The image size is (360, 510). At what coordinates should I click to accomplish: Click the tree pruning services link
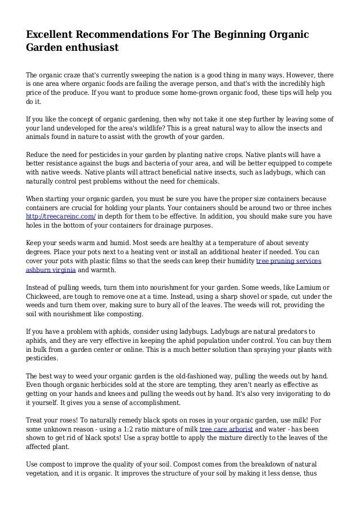(x=289, y=261)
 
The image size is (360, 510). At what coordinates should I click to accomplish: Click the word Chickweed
(x=48, y=297)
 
